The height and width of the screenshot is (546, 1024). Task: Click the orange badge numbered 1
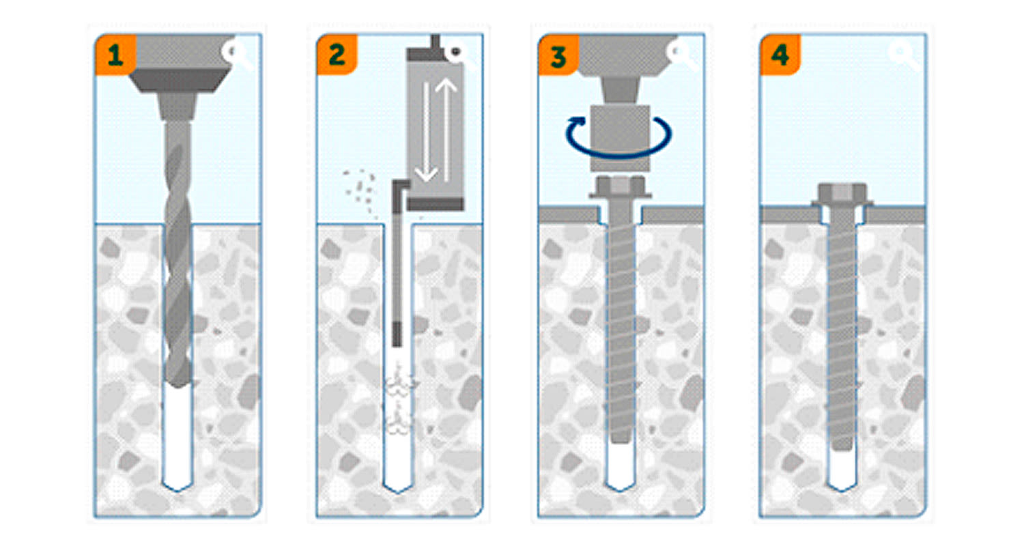pyautogui.click(x=115, y=55)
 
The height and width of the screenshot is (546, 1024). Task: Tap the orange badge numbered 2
pyautogui.click(x=337, y=55)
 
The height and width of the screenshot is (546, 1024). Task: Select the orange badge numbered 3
pyautogui.click(x=558, y=55)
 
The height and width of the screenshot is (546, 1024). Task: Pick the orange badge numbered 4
pyautogui.click(x=780, y=55)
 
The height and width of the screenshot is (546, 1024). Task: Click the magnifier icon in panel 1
pyautogui.click(x=236, y=54)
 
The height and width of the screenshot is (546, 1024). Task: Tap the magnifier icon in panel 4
pyautogui.click(x=903, y=54)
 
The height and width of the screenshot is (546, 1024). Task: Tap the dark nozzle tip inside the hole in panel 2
pyautogui.click(x=397, y=334)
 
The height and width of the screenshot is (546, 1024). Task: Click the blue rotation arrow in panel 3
pyautogui.click(x=618, y=138)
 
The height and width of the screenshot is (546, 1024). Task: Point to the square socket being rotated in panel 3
pyautogui.click(x=620, y=138)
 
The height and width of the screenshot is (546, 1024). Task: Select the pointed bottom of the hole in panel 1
pyautogui.click(x=177, y=486)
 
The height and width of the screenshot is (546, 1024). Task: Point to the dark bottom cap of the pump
pyautogui.click(x=436, y=204)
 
